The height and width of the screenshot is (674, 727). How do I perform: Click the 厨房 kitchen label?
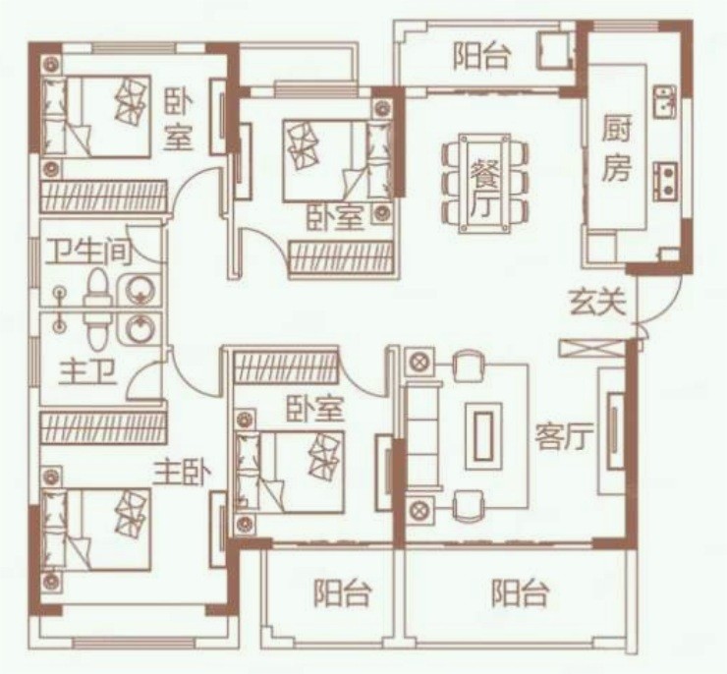pos(616,148)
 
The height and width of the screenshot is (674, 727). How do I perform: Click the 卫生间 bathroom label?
pos(88,252)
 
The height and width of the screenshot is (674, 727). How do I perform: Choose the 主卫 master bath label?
pos(87,372)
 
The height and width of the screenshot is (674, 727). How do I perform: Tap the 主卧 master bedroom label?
pos(183,473)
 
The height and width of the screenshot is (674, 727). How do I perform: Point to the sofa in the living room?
pos(423,436)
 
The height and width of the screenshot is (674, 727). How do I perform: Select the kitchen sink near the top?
pos(665,103)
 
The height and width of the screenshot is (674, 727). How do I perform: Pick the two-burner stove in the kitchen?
pos(665,181)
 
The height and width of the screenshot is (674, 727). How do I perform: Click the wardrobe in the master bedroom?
pos(103,426)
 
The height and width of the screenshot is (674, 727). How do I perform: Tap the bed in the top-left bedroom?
pos(96,116)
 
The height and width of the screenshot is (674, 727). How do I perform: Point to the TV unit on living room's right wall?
pos(614,431)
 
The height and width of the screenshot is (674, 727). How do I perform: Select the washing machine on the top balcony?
pos(556,49)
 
